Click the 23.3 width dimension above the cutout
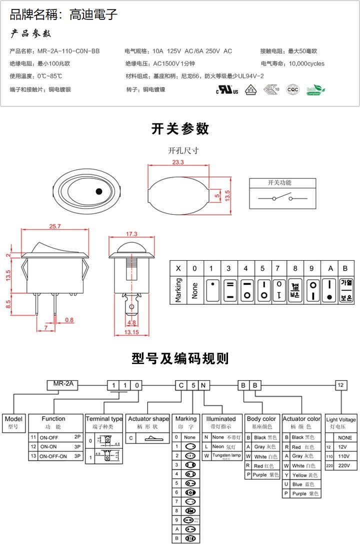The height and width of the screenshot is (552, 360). (177, 162)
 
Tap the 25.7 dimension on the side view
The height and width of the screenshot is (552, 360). (55, 226)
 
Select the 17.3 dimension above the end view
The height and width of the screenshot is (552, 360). (131, 234)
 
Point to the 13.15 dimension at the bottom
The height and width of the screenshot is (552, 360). (131, 332)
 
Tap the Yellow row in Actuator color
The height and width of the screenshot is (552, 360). (301, 475)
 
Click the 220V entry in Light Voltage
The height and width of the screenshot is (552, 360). (340, 465)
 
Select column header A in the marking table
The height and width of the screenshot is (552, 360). (330, 268)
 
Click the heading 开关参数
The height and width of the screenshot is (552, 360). (180, 129)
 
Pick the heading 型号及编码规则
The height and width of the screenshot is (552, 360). (180, 358)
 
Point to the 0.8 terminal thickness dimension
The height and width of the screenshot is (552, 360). (68, 320)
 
